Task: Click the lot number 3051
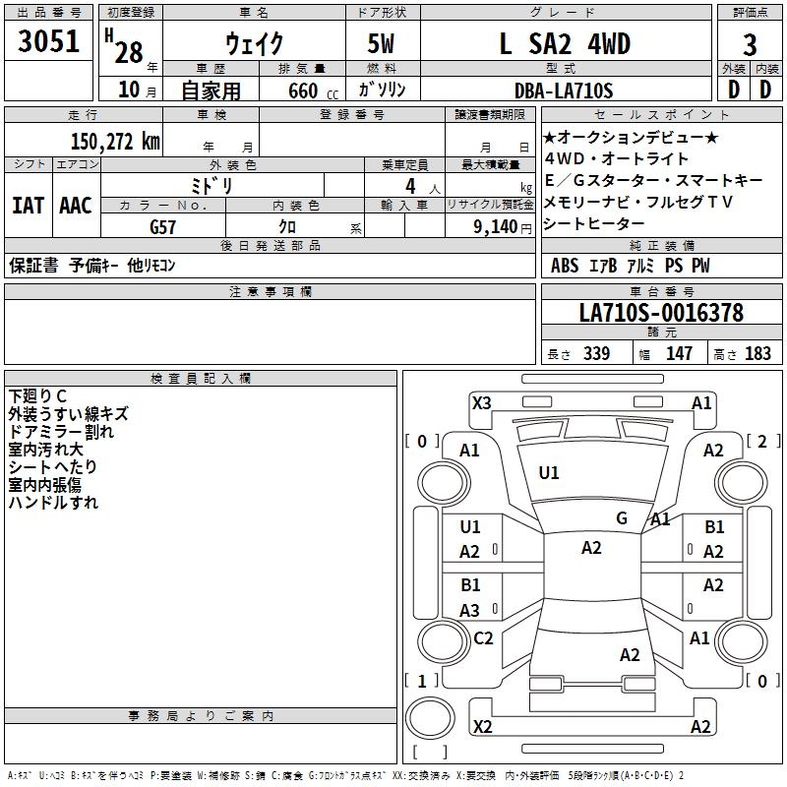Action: [x=49, y=42]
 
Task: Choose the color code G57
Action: [x=163, y=226]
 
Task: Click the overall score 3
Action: [x=750, y=45]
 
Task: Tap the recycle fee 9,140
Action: [x=502, y=226]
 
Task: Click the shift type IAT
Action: [x=28, y=206]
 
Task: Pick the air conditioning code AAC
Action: [x=76, y=206]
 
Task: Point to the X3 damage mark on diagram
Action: [x=482, y=402]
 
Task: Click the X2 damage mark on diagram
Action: [x=482, y=727]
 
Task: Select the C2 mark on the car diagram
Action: [x=483, y=637]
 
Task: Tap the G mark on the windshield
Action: [x=622, y=518]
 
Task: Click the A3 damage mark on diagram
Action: [x=470, y=610]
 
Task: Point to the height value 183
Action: [x=758, y=354]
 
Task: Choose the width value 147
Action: [x=680, y=354]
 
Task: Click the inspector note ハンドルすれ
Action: [x=53, y=503]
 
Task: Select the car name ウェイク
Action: [x=254, y=44]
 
